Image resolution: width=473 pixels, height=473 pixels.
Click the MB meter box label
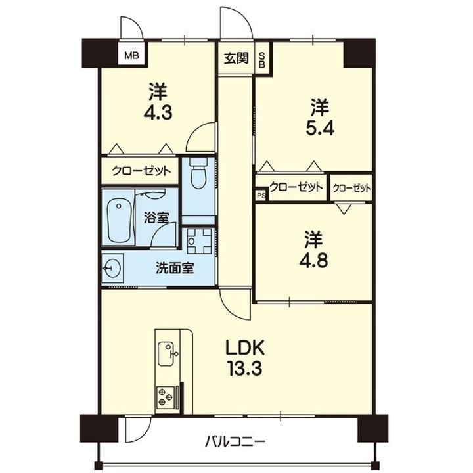[132, 55]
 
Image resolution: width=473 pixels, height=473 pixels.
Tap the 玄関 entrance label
[236, 58]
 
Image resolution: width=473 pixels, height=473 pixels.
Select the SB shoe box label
[262, 60]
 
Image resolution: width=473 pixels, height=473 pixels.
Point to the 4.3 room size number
[158, 113]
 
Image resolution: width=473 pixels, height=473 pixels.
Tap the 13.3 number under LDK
[245, 369]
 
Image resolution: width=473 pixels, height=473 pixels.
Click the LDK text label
[245, 348]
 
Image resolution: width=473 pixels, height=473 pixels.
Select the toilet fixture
[199, 173]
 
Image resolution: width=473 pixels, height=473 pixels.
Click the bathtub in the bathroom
[119, 221]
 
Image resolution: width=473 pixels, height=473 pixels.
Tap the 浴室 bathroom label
[156, 217]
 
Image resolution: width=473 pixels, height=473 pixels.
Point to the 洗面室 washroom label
[175, 268]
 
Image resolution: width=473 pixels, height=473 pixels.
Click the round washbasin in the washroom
[112, 268]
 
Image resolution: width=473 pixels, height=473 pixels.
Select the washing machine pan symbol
[199, 240]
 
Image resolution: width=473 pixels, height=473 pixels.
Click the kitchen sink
[166, 353]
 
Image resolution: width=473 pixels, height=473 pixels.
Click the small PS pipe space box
[261, 196]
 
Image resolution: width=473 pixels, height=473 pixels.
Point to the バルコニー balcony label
[235, 442]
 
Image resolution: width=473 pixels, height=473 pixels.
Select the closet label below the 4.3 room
[141, 171]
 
